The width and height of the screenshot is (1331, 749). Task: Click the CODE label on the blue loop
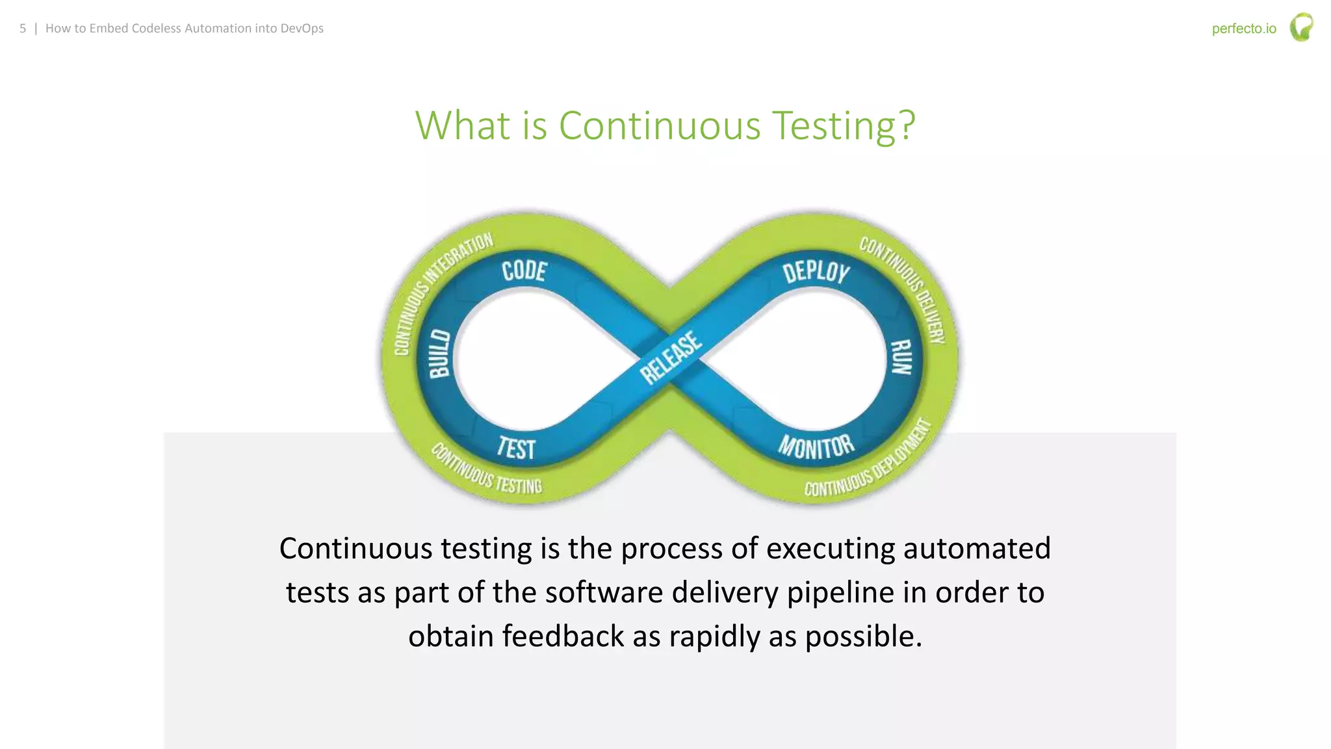click(524, 270)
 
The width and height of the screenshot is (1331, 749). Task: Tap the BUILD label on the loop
click(440, 354)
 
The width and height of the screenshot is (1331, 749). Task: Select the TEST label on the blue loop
click(517, 448)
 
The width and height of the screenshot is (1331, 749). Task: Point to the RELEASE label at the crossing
click(671, 358)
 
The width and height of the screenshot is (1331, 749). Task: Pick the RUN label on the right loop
click(901, 357)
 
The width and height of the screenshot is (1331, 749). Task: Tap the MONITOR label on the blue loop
click(816, 447)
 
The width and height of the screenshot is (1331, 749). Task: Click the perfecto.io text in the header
click(1243, 29)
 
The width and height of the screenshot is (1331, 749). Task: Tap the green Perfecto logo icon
click(1301, 27)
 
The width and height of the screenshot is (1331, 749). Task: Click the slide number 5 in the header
click(23, 29)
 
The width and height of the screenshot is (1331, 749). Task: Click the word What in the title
click(463, 125)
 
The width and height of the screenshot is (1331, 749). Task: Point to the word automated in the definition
click(976, 548)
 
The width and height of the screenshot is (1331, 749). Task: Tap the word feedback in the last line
click(562, 636)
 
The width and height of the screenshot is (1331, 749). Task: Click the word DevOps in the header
click(302, 29)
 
